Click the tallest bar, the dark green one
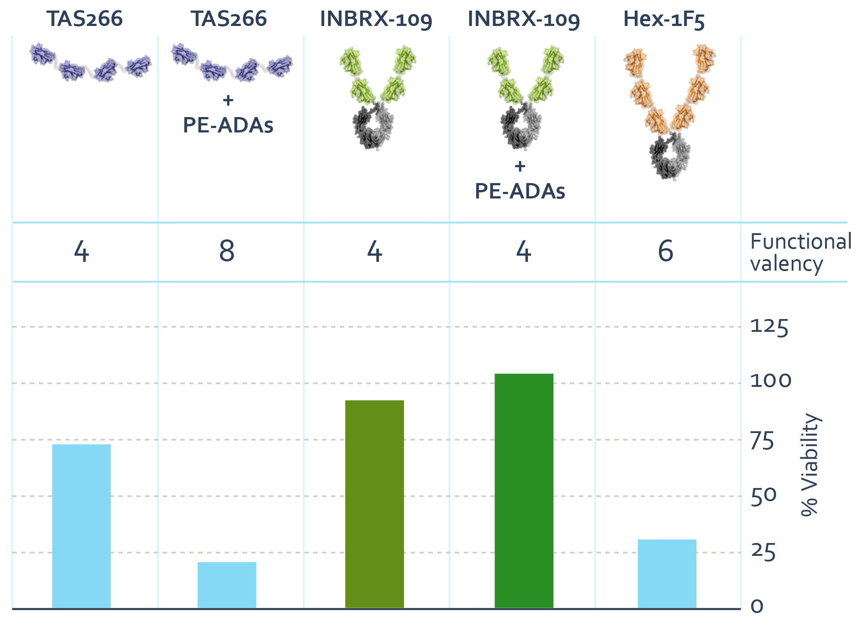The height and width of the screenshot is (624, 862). pyautogui.click(x=524, y=491)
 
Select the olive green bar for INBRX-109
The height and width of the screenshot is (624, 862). pyautogui.click(x=374, y=504)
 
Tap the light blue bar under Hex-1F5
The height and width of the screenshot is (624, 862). pyautogui.click(x=666, y=573)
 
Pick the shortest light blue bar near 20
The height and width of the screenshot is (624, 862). pyautogui.click(x=226, y=585)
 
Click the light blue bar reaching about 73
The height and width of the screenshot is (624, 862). pyautogui.click(x=81, y=526)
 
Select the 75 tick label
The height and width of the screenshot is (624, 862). pyautogui.click(x=762, y=441)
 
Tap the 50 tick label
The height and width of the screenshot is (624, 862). pyautogui.click(x=764, y=497)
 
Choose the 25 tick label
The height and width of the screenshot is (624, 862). pyautogui.click(x=763, y=552)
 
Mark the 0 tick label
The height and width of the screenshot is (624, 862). pyautogui.click(x=757, y=607)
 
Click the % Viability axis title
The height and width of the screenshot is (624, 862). pyautogui.click(x=809, y=464)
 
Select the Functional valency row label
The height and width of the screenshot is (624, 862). pyautogui.click(x=800, y=253)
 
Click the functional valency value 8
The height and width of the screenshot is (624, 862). pyautogui.click(x=227, y=251)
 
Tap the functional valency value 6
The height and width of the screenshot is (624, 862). pyautogui.click(x=666, y=251)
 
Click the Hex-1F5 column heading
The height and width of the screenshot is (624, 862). pyautogui.click(x=664, y=19)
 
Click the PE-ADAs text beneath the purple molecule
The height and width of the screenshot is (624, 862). pyautogui.click(x=228, y=125)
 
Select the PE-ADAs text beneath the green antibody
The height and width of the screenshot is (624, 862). pyautogui.click(x=520, y=191)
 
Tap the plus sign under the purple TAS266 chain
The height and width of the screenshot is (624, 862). pyautogui.click(x=228, y=100)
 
